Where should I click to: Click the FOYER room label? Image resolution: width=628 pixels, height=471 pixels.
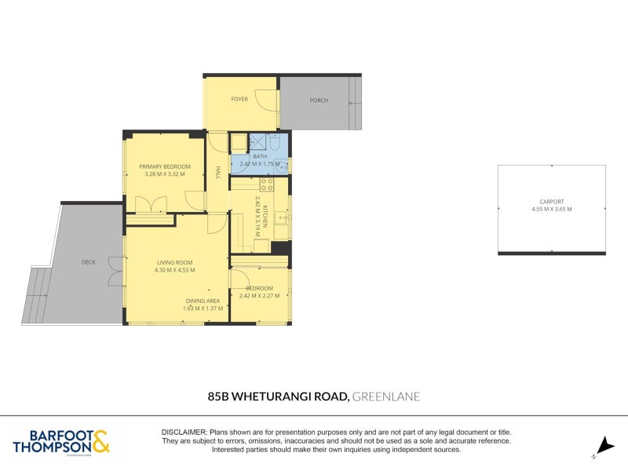point(239,100)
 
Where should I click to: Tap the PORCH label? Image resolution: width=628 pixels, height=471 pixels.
point(319,100)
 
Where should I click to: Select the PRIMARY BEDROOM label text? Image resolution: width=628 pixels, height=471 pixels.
point(165,166)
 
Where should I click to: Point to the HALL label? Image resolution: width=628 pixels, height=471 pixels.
point(217,172)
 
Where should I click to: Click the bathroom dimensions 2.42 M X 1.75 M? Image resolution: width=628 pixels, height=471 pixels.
point(259,163)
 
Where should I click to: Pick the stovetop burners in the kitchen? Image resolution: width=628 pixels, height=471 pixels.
point(266,185)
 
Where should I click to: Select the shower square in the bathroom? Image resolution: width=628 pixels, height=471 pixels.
point(257,142)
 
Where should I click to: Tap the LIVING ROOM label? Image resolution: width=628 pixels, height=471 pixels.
point(174,262)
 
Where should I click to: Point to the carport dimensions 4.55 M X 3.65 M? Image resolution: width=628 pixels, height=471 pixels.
point(552,209)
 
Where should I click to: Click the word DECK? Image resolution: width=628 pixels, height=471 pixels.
point(88,262)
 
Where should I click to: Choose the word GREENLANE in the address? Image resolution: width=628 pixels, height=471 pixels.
point(386,396)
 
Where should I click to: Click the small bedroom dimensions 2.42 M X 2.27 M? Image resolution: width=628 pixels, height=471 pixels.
point(259,295)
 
